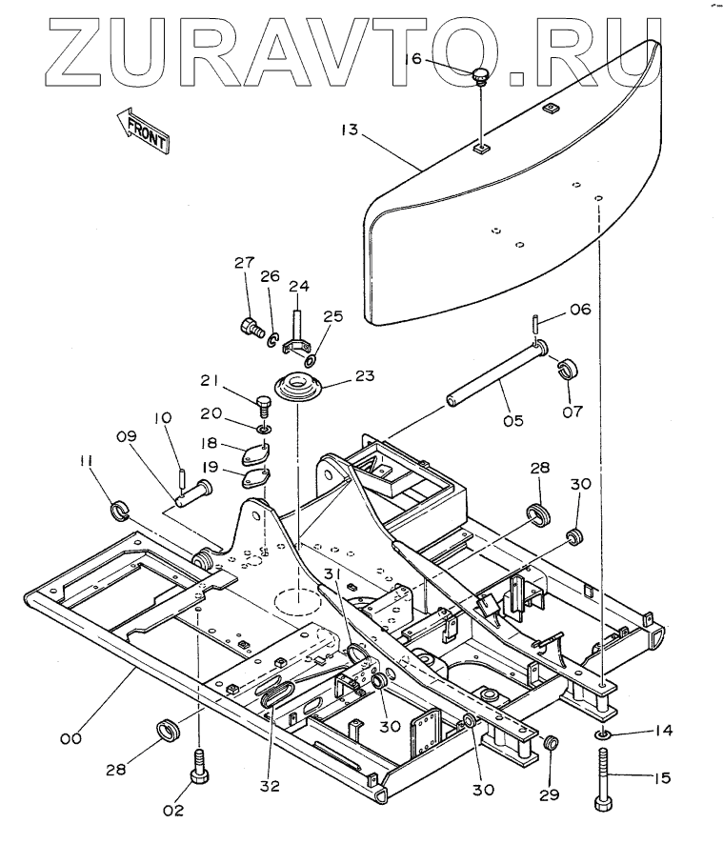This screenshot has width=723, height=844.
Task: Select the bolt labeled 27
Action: pyautogui.click(x=251, y=328)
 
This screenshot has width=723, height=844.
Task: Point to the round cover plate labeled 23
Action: pyautogui.click(x=298, y=388)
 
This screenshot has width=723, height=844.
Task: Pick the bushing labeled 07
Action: pyautogui.click(x=570, y=368)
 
